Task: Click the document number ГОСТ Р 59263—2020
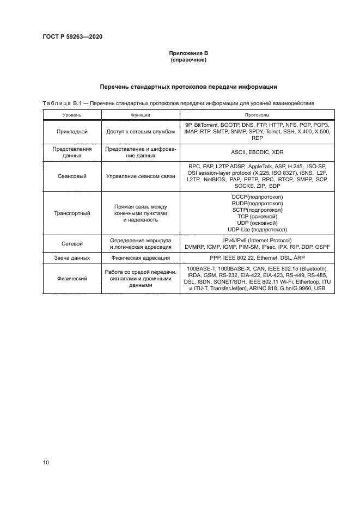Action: (72, 36)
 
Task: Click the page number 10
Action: (46, 463)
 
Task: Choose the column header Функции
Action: (141, 115)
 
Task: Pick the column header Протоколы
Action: (258, 115)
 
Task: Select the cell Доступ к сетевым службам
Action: (141, 132)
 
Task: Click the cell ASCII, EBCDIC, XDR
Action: (258, 152)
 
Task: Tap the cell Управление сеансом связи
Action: (141, 177)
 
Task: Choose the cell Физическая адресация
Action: (141, 257)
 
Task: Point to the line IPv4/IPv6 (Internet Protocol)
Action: (258, 241)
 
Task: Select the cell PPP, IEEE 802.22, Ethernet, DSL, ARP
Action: (258, 257)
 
